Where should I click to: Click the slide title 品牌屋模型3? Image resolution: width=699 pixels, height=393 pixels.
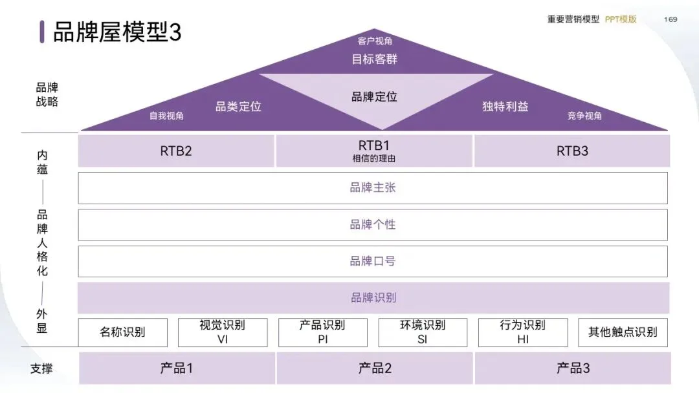(117, 32)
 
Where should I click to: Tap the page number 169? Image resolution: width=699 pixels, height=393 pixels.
(671, 19)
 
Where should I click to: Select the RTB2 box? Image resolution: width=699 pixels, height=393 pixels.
(176, 151)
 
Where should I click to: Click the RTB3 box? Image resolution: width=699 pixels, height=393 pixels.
(572, 151)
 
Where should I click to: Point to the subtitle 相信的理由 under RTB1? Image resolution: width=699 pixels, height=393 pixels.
(373, 158)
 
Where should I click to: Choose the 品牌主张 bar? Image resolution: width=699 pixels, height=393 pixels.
(373, 188)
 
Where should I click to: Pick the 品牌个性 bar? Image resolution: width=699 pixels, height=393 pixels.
(373, 225)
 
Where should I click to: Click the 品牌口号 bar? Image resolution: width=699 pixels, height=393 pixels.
(373, 261)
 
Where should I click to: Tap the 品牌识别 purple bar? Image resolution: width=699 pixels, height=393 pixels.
(373, 298)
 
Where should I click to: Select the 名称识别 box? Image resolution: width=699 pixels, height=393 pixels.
(122, 332)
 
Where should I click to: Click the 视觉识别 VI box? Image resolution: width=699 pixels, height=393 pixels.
(223, 332)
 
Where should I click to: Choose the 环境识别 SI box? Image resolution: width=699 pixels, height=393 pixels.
(423, 332)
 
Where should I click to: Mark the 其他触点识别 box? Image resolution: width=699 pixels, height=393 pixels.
(623, 332)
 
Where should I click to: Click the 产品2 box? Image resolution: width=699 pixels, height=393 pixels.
(375, 368)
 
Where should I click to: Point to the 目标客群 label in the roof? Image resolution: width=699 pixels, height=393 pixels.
(374, 59)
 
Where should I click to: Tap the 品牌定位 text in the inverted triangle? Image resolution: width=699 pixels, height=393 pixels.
(374, 97)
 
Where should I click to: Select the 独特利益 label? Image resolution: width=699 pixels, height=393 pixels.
(505, 107)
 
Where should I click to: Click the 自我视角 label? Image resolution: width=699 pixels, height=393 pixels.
(166, 116)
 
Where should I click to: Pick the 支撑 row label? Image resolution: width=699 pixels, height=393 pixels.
(41, 369)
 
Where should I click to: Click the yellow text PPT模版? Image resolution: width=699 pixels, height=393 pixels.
(621, 19)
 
